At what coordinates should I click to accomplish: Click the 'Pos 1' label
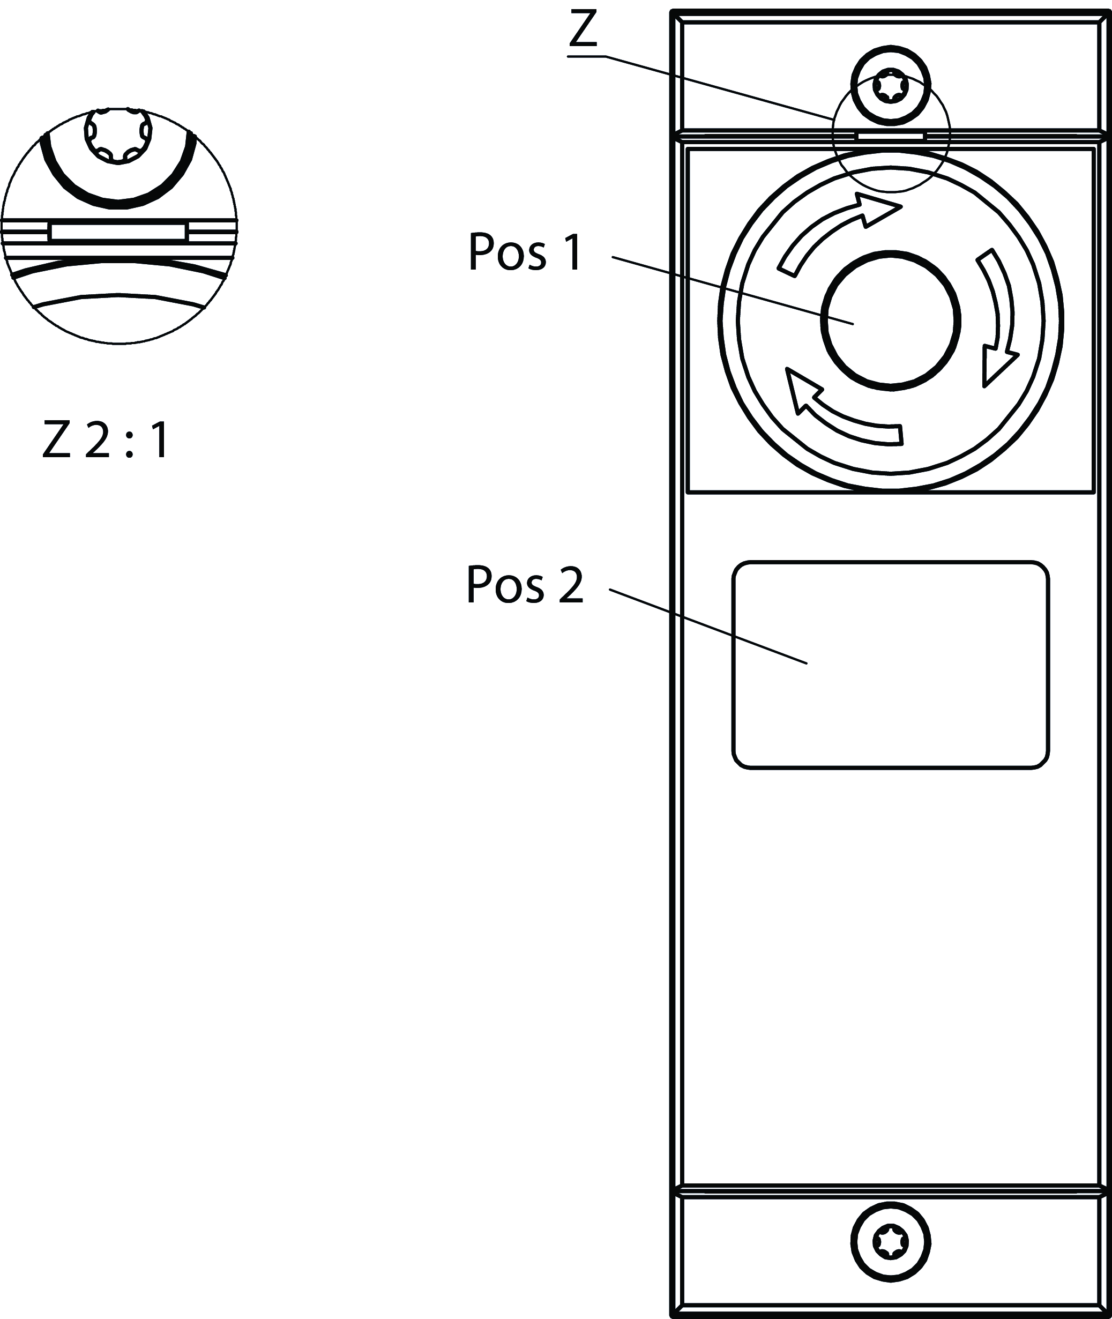click(x=525, y=253)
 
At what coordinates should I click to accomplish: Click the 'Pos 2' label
click(x=525, y=585)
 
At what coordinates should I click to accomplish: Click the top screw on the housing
click(x=890, y=86)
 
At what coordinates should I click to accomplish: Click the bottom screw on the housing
click(x=890, y=1242)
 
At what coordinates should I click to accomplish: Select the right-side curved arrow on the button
click(x=999, y=315)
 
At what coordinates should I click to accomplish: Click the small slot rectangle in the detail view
click(x=118, y=232)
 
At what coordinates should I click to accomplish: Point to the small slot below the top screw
click(x=890, y=136)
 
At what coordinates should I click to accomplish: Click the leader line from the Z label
click(x=719, y=87)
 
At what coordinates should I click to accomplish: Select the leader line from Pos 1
click(x=732, y=290)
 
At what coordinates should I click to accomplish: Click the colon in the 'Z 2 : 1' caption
click(x=129, y=441)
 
